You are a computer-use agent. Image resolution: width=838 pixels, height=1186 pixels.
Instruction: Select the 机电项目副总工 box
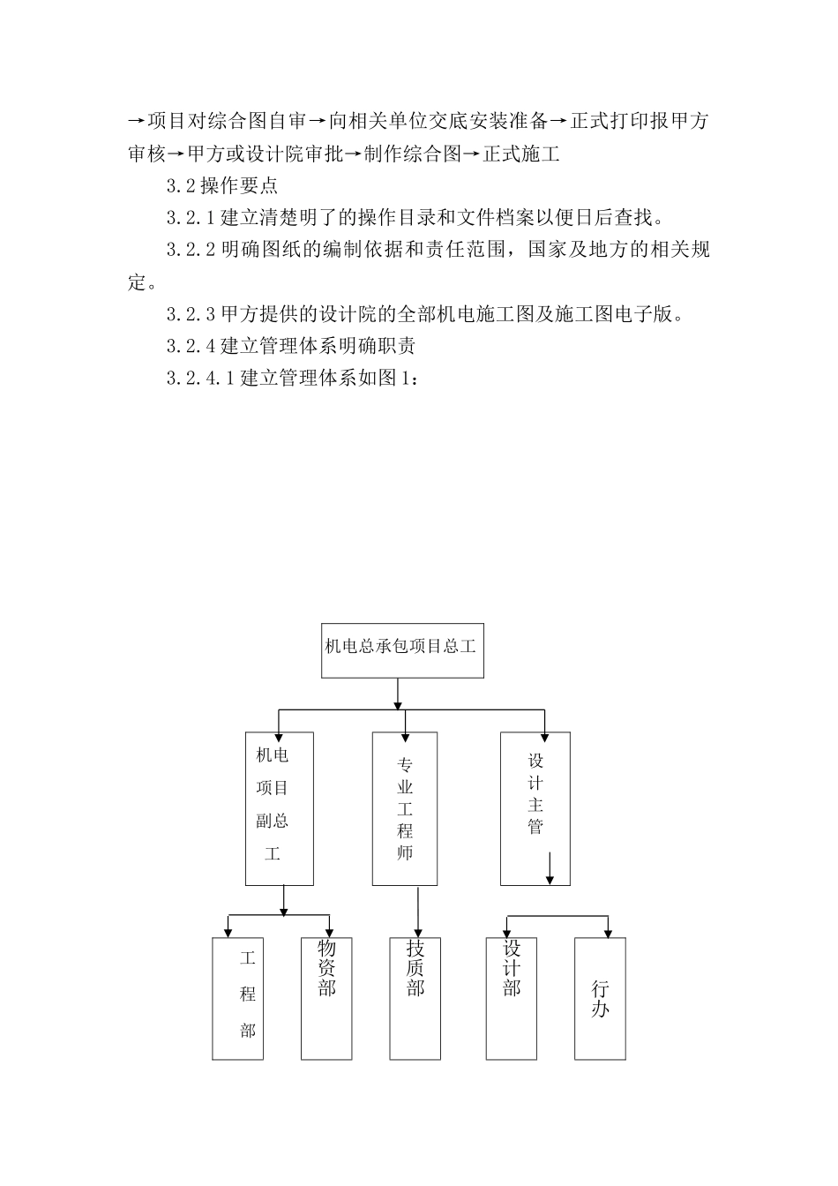pyautogui.click(x=279, y=807)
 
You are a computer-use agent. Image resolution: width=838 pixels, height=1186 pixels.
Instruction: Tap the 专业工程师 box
pyautogui.click(x=405, y=807)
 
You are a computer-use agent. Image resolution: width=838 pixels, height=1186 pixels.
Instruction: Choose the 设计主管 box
pyautogui.click(x=535, y=807)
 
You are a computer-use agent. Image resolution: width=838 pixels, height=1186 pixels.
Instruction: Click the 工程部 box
pyautogui.click(x=238, y=998)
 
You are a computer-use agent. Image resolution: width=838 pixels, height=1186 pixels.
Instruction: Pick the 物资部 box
pyautogui.click(x=326, y=998)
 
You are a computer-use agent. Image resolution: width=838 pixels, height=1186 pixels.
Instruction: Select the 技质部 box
pyautogui.click(x=415, y=998)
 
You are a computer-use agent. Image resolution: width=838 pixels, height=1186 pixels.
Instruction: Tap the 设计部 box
pyautogui.click(x=512, y=998)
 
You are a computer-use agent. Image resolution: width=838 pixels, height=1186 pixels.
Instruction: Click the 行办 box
pyautogui.click(x=600, y=998)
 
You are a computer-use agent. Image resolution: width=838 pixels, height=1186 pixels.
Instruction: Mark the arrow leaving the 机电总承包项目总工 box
pyautogui.click(x=399, y=693)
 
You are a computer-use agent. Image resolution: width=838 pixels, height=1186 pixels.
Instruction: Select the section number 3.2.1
pyautogui.click(x=191, y=218)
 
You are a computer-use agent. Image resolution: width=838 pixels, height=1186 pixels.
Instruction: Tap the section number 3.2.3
pyautogui.click(x=191, y=314)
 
